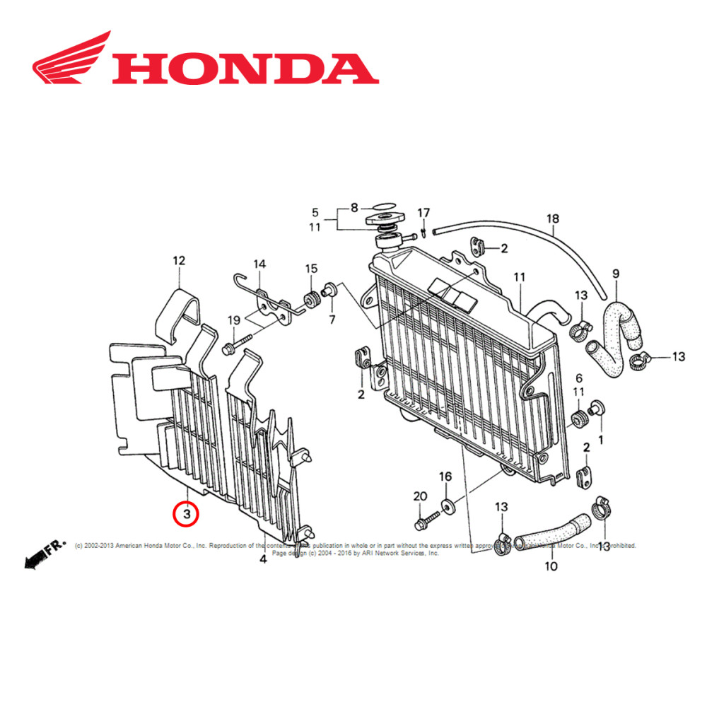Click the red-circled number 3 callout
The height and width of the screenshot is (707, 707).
[x=187, y=513]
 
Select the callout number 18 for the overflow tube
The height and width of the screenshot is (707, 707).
[x=552, y=218]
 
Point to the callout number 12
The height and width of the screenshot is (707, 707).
[x=179, y=261]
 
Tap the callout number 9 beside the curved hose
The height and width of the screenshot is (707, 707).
[x=615, y=273]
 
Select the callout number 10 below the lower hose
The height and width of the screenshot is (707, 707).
[x=551, y=566]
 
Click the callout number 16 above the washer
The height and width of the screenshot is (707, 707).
[x=445, y=477]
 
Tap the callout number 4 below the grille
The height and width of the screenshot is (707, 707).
[x=263, y=559]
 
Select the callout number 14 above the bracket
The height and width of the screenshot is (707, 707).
[x=260, y=264]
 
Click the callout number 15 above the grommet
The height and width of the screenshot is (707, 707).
[x=312, y=269]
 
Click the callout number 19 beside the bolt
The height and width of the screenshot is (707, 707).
[x=234, y=321]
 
